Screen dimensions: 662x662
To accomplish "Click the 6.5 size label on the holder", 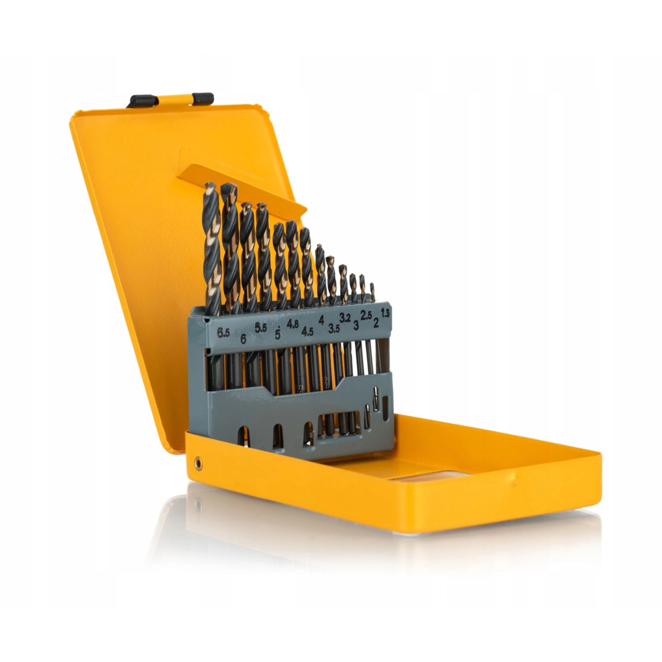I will (x=223, y=332).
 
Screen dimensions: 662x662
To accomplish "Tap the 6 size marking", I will (x=243, y=339).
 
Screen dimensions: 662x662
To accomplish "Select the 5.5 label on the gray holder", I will (x=261, y=327).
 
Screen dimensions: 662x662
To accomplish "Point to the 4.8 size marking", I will (x=293, y=324).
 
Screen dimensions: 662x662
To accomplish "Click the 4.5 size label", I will (x=307, y=331).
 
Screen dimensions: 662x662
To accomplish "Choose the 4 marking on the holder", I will (x=321, y=320).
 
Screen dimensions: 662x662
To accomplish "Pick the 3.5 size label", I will (x=334, y=328).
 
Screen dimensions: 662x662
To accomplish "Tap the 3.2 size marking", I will (x=345, y=317).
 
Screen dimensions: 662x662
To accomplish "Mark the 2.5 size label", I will (x=366, y=315).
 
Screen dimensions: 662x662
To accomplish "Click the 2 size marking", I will (x=376, y=323).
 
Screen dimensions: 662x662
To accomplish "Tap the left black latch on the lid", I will (x=143, y=101).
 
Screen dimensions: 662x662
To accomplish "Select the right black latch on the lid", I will (x=203, y=98).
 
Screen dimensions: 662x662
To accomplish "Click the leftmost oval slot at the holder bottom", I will (x=244, y=436).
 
